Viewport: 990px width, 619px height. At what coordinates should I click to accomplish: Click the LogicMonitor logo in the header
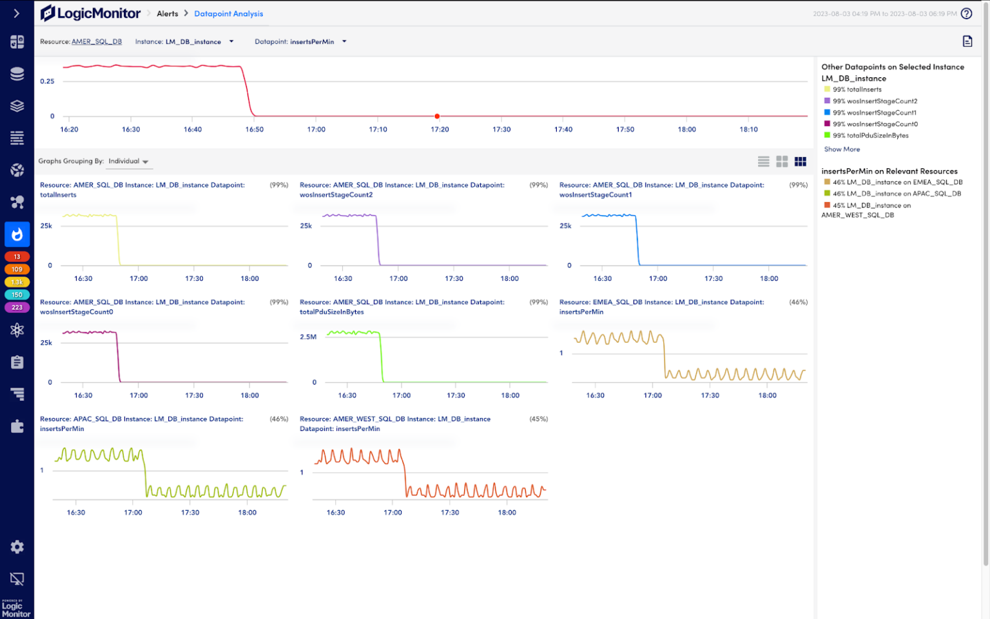[90, 13]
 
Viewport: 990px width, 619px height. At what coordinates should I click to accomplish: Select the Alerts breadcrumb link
[167, 14]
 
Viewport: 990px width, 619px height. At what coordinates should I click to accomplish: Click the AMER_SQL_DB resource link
[97, 42]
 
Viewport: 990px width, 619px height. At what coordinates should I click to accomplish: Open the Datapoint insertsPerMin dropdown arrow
[344, 42]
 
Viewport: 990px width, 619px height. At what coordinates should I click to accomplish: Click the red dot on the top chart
[437, 117]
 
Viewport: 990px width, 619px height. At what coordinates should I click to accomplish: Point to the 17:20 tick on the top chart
[440, 129]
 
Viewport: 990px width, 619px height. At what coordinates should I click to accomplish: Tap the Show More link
[842, 149]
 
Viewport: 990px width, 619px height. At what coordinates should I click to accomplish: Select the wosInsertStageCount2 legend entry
[875, 101]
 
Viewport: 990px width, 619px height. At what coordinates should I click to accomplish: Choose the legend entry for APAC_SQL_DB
[897, 194]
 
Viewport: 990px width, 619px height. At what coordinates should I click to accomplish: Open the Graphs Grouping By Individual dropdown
[129, 162]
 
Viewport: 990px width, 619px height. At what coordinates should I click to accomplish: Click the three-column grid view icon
[801, 162]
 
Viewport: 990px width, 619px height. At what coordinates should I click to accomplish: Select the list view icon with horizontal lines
[764, 162]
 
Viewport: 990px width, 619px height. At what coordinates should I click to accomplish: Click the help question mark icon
[966, 14]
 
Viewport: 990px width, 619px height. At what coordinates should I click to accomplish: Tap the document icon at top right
[967, 41]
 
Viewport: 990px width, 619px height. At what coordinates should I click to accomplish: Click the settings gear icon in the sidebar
[17, 547]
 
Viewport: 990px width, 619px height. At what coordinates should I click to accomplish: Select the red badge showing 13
[17, 257]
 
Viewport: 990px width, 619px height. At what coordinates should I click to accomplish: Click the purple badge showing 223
[17, 307]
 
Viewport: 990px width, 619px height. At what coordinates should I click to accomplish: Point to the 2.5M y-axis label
[308, 337]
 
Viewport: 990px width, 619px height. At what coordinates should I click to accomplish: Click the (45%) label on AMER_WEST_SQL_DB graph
[538, 419]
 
